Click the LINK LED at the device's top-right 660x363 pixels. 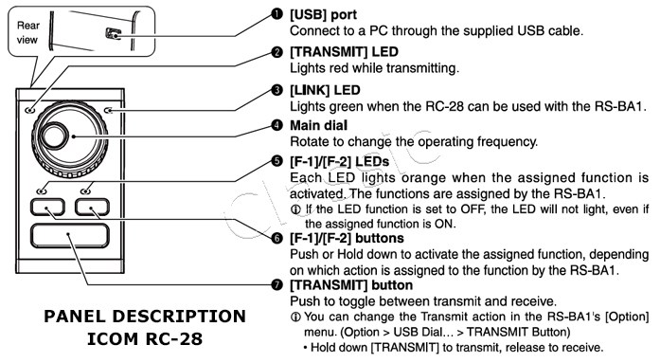coord(111,111)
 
